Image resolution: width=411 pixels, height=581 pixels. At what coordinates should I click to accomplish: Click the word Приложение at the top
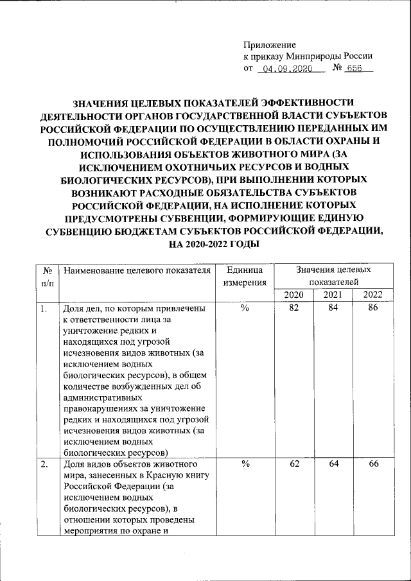tap(269, 45)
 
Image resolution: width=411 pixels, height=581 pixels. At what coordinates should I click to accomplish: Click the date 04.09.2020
tap(288, 69)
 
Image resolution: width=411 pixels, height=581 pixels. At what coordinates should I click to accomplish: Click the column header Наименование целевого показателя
tap(137, 270)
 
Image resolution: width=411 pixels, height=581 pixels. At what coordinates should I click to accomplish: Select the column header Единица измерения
tap(244, 276)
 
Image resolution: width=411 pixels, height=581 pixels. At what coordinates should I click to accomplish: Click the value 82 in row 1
tap(294, 309)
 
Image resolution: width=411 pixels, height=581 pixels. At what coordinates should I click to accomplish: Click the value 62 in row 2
tap(294, 465)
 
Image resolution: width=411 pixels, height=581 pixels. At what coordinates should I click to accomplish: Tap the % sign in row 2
tap(244, 465)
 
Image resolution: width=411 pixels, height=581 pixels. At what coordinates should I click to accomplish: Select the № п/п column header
tap(47, 276)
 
